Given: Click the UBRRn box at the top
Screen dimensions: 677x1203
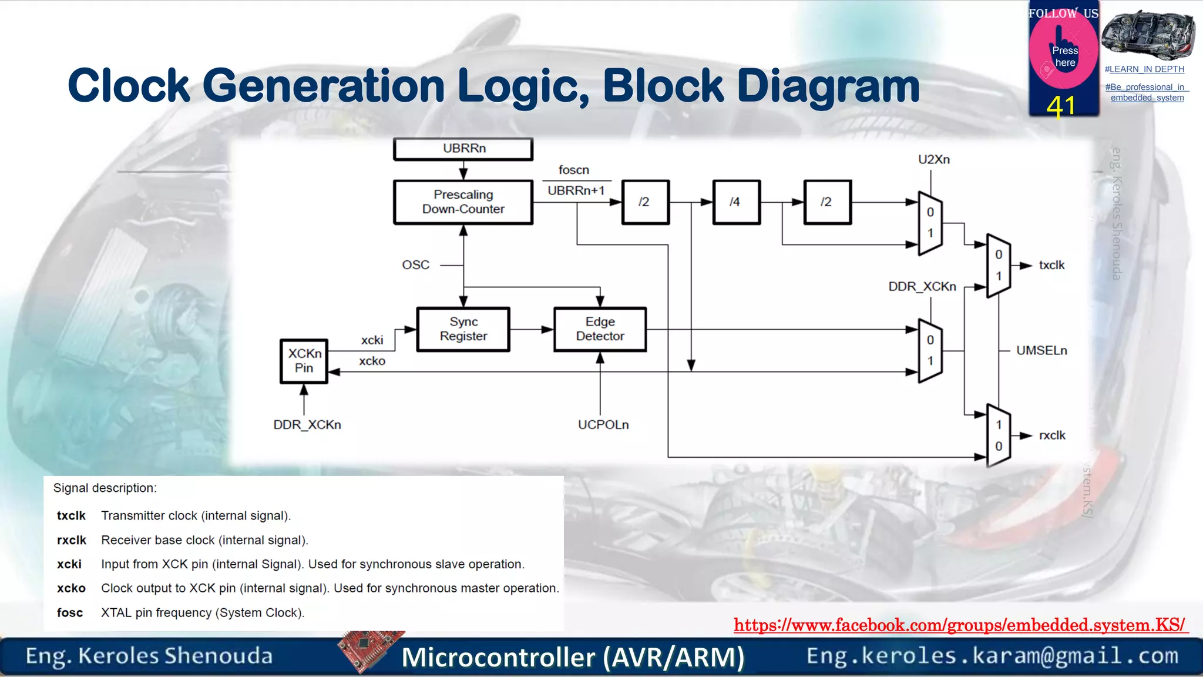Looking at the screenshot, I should point(463,149).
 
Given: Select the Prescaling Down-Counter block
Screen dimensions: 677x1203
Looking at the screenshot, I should point(463,202).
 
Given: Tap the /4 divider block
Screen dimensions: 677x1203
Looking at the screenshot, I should point(736,202).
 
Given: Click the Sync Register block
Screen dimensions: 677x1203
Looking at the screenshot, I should point(463,329).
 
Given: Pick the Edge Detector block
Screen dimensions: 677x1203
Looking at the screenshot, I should point(600,329).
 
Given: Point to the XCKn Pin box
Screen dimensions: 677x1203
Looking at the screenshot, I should point(304,361).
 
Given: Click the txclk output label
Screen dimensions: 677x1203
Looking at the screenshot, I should point(1051,265).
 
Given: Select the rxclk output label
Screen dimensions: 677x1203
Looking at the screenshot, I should point(1052,435).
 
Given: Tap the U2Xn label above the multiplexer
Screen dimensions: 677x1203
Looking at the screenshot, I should point(933,159).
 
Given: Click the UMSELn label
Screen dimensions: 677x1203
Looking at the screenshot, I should point(1041,350).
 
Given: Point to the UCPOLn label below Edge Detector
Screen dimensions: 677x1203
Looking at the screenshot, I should point(603,425).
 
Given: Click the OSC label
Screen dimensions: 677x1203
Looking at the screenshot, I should point(415,265).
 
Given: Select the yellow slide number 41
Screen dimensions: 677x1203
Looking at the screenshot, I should point(1061,107).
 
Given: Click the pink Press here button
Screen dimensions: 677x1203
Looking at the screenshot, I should point(1064,56).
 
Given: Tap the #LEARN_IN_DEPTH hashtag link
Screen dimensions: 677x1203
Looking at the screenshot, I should point(1144,69).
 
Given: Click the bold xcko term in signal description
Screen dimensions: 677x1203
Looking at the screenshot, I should point(71,588).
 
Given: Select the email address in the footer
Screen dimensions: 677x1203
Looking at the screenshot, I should point(992,656).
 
